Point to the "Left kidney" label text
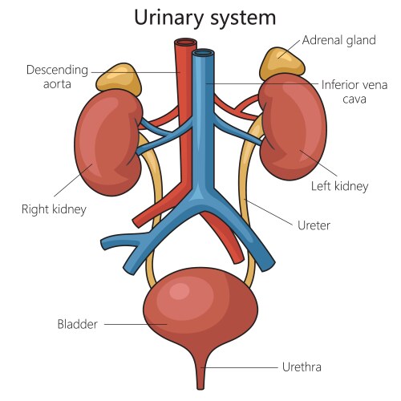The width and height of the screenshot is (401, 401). [x=339, y=186]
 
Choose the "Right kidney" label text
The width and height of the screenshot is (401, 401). [x=54, y=209]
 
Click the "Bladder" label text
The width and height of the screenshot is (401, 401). [x=77, y=324]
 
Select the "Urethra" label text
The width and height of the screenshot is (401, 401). [x=302, y=367]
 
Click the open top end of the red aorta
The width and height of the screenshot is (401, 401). [x=186, y=43]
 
